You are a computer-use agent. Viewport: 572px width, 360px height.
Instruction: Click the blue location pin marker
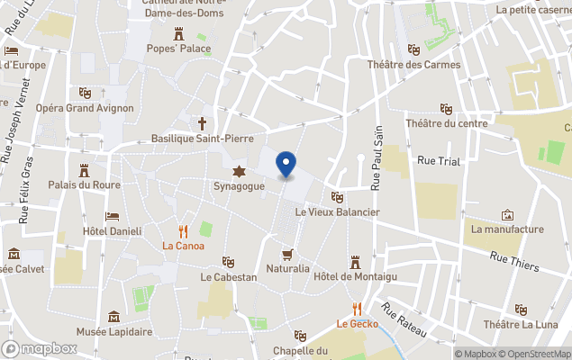(286, 165)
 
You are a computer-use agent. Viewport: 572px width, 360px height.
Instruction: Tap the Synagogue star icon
(239, 171)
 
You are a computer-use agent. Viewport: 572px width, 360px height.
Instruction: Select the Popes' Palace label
(178, 49)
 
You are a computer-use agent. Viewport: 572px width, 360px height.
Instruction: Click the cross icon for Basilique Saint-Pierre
(203, 122)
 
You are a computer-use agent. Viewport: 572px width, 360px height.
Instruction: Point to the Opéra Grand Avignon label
(85, 108)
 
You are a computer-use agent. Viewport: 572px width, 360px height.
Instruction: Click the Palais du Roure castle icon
(85, 169)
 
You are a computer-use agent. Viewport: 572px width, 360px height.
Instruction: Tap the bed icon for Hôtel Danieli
(112, 217)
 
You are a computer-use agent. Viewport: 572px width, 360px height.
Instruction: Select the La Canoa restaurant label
(183, 246)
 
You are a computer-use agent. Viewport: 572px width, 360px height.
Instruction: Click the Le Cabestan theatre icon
(229, 261)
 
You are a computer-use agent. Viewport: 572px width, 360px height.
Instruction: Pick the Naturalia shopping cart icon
(287, 255)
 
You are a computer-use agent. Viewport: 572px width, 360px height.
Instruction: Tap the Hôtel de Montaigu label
(356, 276)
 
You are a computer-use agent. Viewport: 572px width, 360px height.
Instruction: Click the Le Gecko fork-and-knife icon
(358, 308)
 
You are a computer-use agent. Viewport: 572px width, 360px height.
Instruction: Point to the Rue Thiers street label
(514, 261)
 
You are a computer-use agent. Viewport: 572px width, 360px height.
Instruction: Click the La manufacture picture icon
(507, 215)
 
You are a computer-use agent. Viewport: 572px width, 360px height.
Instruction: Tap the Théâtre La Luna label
(519, 324)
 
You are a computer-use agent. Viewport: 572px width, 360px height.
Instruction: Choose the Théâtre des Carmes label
(413, 65)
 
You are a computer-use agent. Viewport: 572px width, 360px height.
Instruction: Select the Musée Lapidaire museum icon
(114, 317)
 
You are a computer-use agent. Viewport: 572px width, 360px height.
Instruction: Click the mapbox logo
(41, 348)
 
